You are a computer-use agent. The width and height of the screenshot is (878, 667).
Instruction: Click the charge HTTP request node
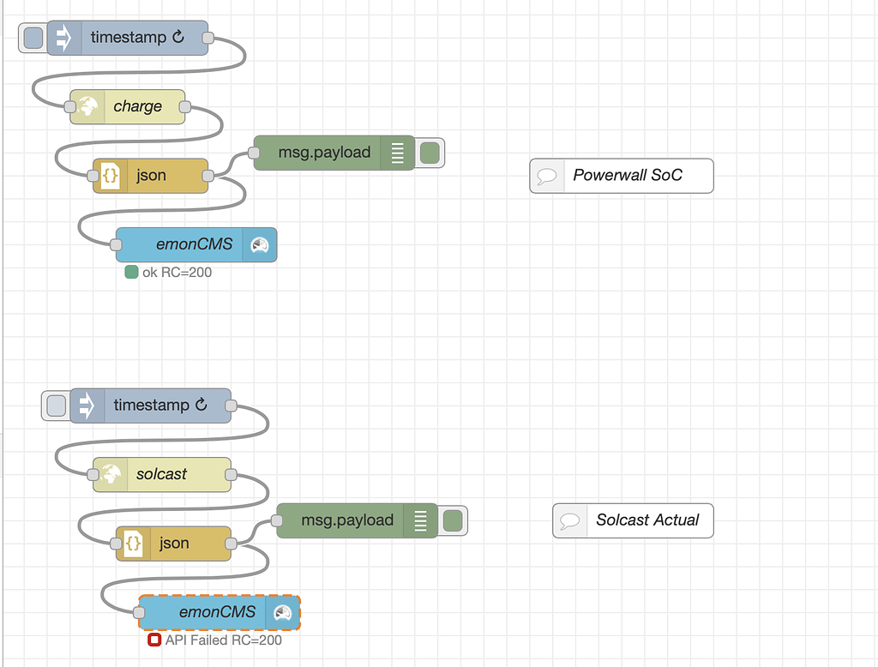(x=137, y=107)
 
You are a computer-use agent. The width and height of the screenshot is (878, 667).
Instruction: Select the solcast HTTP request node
(x=161, y=474)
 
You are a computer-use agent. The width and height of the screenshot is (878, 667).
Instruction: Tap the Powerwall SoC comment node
(x=627, y=176)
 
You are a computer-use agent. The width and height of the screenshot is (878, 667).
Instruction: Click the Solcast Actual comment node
(x=647, y=520)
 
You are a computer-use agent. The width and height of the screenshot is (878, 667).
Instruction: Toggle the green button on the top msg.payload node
(x=430, y=153)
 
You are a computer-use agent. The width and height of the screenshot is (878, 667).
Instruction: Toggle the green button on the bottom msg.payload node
(x=453, y=520)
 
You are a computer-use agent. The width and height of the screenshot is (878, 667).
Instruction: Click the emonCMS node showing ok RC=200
(x=194, y=244)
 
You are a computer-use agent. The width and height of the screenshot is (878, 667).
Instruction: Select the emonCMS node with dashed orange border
(x=217, y=612)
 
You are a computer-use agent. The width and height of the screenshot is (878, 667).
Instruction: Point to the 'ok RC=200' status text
(x=177, y=273)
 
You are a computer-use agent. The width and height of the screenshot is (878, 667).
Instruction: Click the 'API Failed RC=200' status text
(x=223, y=640)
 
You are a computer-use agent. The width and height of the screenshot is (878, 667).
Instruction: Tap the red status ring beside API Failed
(x=154, y=640)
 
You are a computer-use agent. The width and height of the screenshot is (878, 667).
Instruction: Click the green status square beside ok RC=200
(x=131, y=273)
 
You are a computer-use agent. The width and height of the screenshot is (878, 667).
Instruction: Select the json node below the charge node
(x=151, y=176)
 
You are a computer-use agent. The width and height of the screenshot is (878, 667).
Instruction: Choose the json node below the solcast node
(x=174, y=544)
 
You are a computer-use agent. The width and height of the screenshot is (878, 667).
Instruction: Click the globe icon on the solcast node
(x=111, y=474)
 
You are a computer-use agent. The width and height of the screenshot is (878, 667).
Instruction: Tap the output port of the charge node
(x=184, y=107)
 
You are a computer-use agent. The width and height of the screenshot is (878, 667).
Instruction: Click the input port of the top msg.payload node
(x=254, y=153)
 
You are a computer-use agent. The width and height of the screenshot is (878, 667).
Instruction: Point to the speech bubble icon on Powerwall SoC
(x=546, y=177)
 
